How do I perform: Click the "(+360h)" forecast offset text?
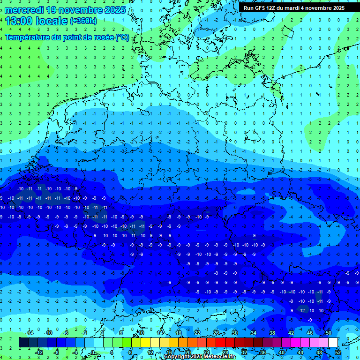83,21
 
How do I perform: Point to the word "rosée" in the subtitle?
99,37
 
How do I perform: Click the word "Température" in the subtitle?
27,37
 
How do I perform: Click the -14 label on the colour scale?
30,333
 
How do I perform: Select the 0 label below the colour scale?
93,352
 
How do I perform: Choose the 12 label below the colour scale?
150,352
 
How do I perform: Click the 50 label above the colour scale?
329,333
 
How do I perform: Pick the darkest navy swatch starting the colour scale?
23,343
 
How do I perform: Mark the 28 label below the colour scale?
225,352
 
